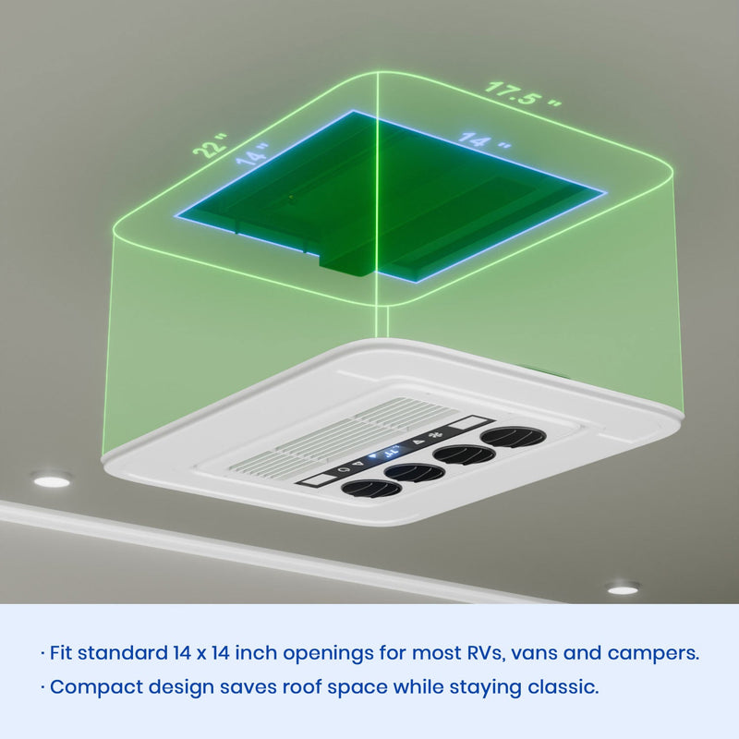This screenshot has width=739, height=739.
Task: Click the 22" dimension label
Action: (x=211, y=145)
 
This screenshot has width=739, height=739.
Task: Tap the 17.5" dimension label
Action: (x=523, y=94)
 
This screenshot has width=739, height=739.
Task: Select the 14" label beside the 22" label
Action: (x=252, y=154)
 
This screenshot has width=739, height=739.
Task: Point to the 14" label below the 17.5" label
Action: (x=484, y=141)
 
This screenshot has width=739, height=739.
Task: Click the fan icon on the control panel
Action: (x=432, y=436)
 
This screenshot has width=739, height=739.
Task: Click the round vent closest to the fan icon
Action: (x=514, y=437)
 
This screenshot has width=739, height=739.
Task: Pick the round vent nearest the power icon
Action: (x=371, y=489)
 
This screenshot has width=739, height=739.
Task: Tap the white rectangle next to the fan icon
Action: (x=466, y=423)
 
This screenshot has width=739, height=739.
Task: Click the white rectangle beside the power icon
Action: (x=319, y=479)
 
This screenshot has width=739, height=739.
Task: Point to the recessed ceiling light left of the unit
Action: (x=52, y=480)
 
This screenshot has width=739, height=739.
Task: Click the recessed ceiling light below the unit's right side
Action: (x=623, y=589)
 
